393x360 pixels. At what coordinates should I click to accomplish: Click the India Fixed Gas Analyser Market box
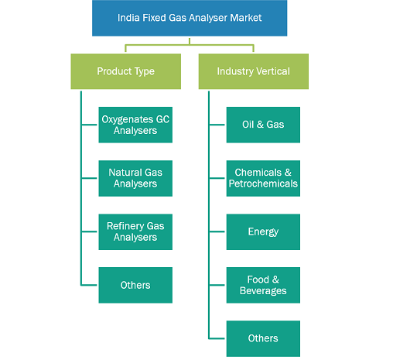click(190, 18)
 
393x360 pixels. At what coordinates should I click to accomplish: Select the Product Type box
click(126, 71)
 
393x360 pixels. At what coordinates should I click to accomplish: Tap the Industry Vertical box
click(254, 71)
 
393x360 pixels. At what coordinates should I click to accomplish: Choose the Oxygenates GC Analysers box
click(135, 125)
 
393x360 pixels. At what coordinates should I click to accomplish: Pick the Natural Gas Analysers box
click(135, 178)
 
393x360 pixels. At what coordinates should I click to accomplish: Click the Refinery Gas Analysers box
click(135, 231)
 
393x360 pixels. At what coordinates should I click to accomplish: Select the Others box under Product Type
click(135, 285)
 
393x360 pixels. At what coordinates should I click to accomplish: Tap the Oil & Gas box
click(263, 125)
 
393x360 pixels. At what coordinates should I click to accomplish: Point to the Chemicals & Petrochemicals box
click(263, 178)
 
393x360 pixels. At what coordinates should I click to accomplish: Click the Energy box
click(263, 231)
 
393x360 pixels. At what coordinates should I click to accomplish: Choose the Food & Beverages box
click(263, 285)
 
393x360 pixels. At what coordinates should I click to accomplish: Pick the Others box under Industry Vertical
click(263, 338)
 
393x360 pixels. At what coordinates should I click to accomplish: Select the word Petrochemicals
click(263, 183)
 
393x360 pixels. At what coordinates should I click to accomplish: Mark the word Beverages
click(263, 291)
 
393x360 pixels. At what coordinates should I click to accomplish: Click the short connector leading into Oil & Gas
click(217, 125)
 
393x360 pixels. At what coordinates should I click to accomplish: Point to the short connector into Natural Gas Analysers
click(89, 178)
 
